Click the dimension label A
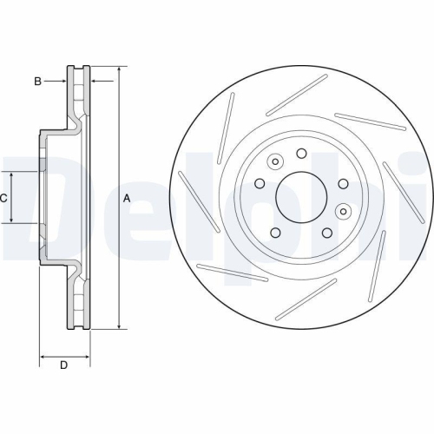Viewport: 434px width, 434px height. coord(127,198)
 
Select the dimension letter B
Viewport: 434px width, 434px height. coord(37,82)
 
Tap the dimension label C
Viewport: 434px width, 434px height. coord(3,198)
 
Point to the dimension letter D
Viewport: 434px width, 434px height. coord(63,365)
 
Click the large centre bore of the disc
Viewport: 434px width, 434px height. coord(300,197)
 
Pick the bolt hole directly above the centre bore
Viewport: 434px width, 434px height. coord(301,154)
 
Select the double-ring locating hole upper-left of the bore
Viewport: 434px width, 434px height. coord(276,161)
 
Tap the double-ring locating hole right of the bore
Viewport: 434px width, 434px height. coord(344,210)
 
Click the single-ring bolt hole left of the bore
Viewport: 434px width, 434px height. coord(259,183)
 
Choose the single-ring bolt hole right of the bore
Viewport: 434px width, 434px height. coord(343,183)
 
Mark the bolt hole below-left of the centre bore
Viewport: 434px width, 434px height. coord(275,233)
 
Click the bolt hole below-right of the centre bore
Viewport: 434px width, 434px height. coord(326,233)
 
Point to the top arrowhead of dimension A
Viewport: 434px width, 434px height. coord(119,69)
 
